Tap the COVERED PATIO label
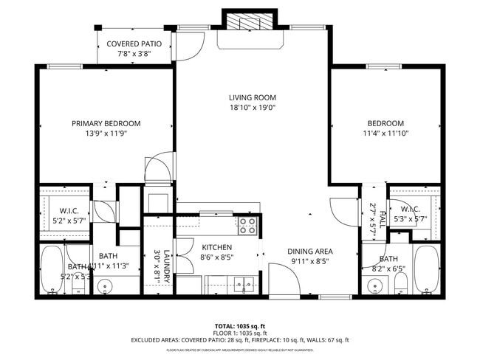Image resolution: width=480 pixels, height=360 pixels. pyautogui.click(x=134, y=44)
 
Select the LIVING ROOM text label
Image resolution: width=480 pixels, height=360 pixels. pyautogui.click(x=252, y=97)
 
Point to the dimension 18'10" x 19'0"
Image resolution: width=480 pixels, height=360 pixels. pyautogui.click(x=252, y=107)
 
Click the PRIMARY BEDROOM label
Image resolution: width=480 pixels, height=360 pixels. pyautogui.click(x=106, y=123)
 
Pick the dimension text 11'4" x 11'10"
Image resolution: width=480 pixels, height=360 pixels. pyautogui.click(x=386, y=134)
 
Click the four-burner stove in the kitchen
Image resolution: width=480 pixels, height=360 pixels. pyautogui.click(x=247, y=225)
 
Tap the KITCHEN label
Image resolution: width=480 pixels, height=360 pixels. pyautogui.click(x=216, y=247)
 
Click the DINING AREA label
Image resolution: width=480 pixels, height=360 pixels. pyautogui.click(x=310, y=251)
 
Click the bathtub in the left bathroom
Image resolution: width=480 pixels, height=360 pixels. pyautogui.click(x=52, y=270)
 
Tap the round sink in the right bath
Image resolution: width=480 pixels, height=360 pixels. pyautogui.click(x=374, y=286)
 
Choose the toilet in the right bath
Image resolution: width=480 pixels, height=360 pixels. pyautogui.click(x=400, y=282)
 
